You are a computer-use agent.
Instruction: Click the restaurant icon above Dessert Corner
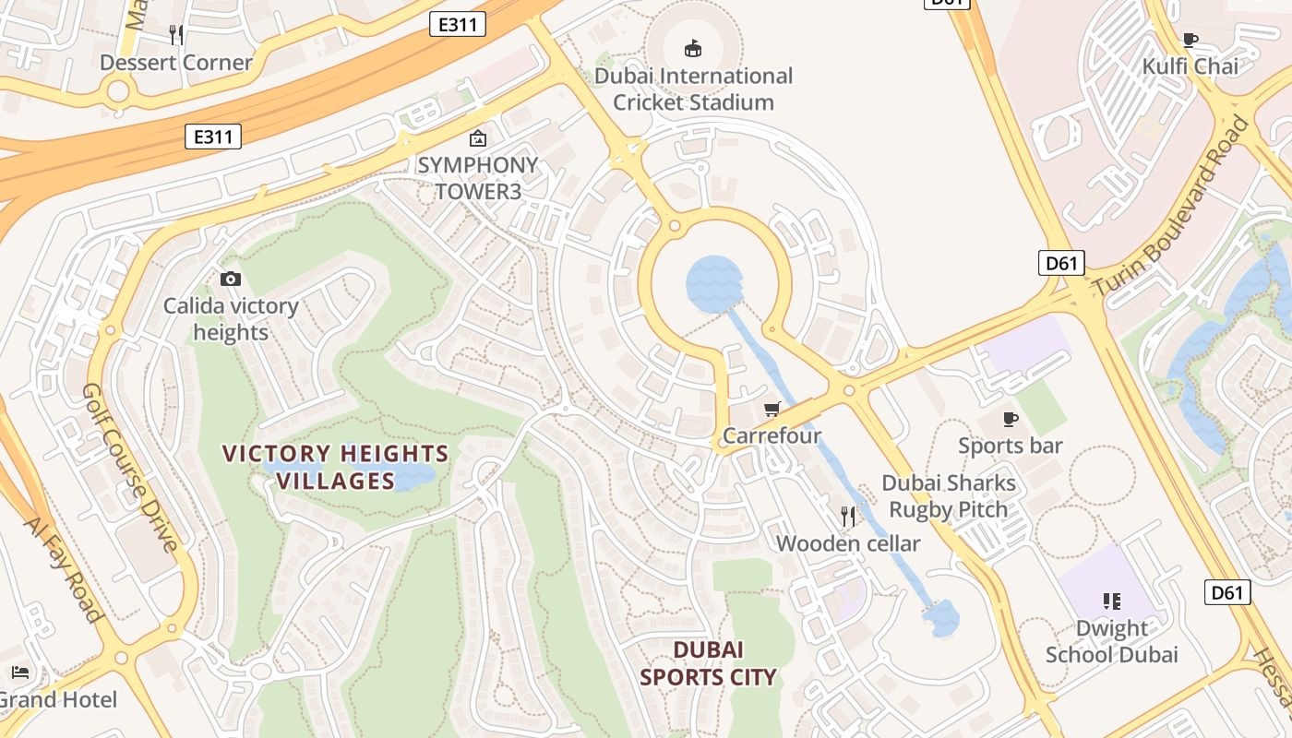tap(176, 35)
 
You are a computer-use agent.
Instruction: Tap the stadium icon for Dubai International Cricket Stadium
tap(693, 48)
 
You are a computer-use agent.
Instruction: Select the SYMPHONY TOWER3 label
tap(477, 178)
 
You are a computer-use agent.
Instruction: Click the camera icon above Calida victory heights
tap(230, 279)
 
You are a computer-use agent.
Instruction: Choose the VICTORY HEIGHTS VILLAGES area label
tap(336, 467)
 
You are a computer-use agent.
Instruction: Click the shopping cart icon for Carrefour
tap(772, 409)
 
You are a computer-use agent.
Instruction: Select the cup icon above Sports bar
tap(1011, 420)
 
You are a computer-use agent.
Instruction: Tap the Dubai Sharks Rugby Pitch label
tap(949, 495)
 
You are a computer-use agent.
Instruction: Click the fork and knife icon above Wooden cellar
tap(848, 517)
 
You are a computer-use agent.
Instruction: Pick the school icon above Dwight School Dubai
tap(1111, 601)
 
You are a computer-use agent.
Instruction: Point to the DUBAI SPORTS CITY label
tap(708, 663)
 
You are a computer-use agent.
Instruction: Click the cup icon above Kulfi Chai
tap(1190, 40)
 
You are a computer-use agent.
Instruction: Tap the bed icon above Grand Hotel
tap(20, 673)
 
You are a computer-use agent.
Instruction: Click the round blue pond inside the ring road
tap(714, 283)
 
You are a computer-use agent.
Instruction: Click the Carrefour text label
tap(772, 435)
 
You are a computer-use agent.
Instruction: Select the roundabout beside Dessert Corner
tap(117, 90)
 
